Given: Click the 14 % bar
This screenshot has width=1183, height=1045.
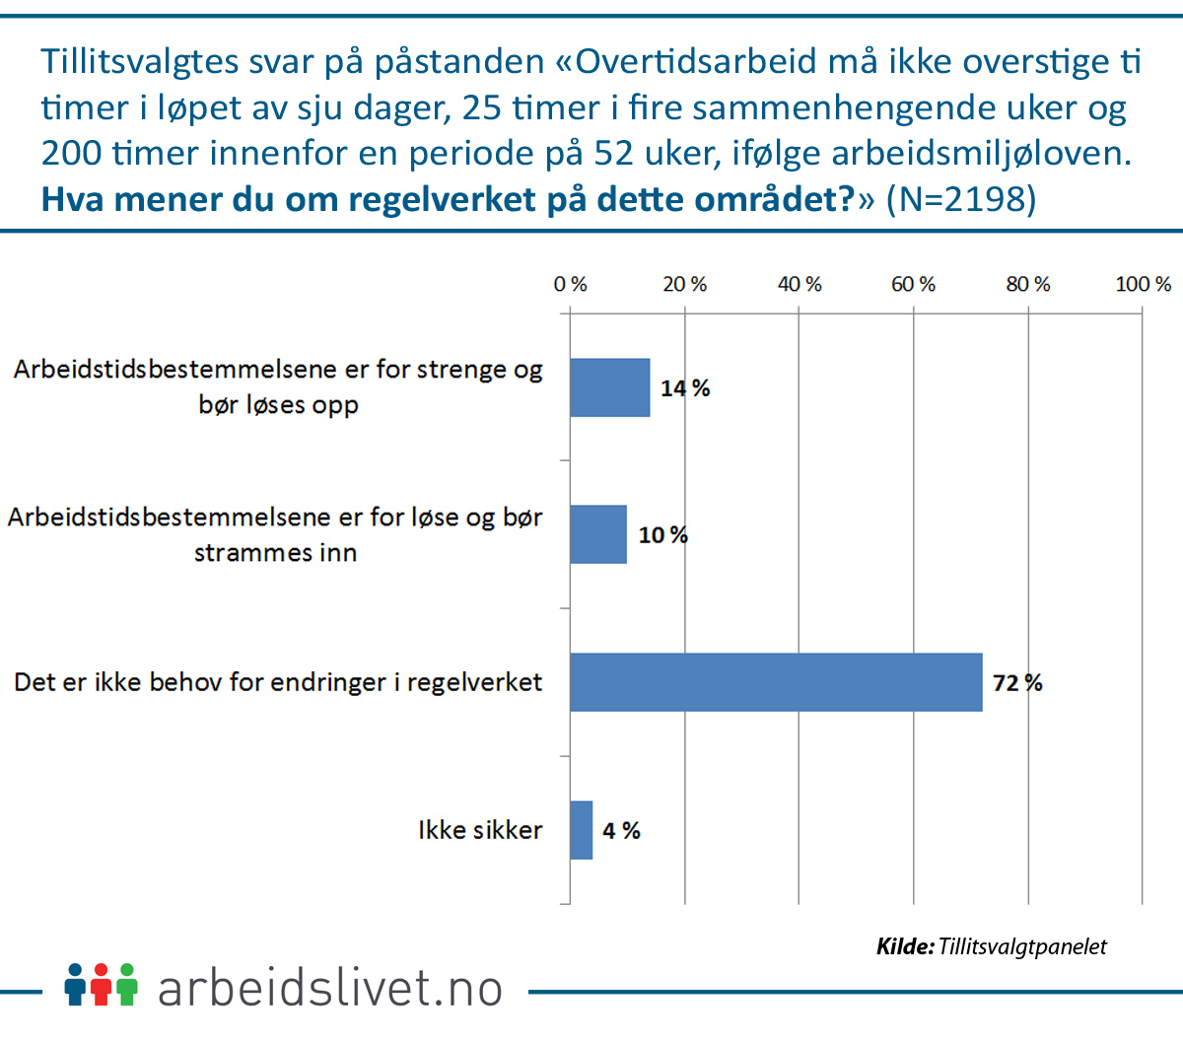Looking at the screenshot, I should click(x=609, y=387).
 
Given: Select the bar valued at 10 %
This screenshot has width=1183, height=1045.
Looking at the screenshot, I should click(x=597, y=534).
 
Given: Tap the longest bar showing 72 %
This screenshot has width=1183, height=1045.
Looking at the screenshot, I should click(x=776, y=682).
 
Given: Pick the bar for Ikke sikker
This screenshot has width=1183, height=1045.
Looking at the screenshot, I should click(x=581, y=830).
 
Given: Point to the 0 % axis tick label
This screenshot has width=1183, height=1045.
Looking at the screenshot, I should click(x=570, y=285).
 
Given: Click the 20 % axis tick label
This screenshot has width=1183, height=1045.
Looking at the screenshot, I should click(x=684, y=285).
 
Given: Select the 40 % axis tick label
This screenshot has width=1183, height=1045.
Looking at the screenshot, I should click(x=799, y=285).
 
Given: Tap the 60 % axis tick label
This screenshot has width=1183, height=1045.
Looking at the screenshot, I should click(x=913, y=285).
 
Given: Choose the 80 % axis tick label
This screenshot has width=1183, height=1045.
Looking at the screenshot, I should click(x=1027, y=285).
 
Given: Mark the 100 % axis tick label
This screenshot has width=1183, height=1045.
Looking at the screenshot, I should click(x=1143, y=285).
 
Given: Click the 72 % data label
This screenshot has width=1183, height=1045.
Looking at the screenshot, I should click(x=1017, y=683).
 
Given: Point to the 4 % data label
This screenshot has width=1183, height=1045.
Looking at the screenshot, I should click(x=621, y=831).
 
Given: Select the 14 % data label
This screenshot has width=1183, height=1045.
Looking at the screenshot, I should click(x=685, y=388).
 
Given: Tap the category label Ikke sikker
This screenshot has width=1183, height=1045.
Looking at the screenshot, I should click(x=480, y=830).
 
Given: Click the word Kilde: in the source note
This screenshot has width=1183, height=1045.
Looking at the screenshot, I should click(x=905, y=947).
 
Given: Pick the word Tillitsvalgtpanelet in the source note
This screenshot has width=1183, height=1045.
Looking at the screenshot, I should click(x=1022, y=947).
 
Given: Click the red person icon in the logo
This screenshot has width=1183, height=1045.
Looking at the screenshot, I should click(x=101, y=985).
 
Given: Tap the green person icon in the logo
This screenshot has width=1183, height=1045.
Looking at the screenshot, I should click(x=125, y=985).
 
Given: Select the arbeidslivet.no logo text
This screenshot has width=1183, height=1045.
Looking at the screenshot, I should click(x=330, y=988).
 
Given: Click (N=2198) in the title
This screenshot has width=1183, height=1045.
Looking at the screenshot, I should click(x=960, y=199).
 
